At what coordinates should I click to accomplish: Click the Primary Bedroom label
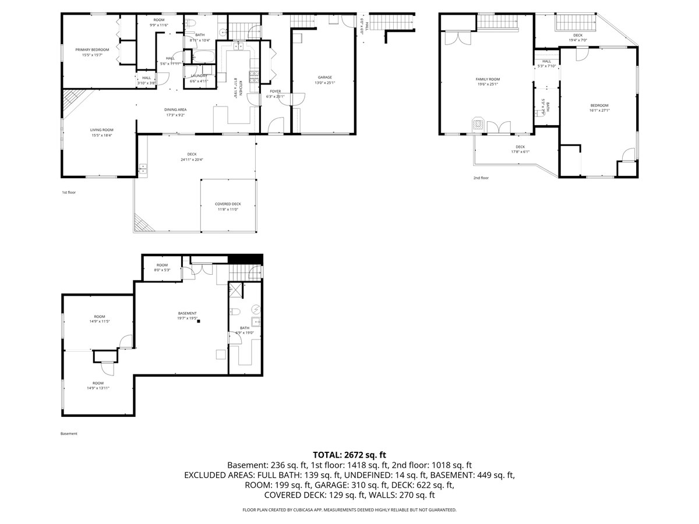pyautogui.click(x=92, y=49)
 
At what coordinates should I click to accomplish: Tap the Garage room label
pyautogui.click(x=324, y=77)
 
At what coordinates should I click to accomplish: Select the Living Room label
pyautogui.click(x=101, y=130)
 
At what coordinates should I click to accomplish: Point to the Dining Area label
pyautogui.click(x=175, y=109)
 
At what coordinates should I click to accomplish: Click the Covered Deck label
pyautogui.click(x=228, y=204)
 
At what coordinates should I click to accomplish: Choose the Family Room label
pyautogui.click(x=488, y=79)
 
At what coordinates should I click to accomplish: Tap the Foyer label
pyautogui.click(x=275, y=91)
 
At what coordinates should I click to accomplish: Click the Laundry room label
pyautogui.click(x=199, y=76)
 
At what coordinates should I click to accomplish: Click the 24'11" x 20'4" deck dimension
pyautogui.click(x=192, y=160)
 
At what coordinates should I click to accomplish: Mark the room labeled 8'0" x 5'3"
pyautogui.click(x=162, y=270)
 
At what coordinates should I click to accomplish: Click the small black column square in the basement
pyautogui.click(x=199, y=321)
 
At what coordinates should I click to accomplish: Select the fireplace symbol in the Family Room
pyautogui.click(x=478, y=123)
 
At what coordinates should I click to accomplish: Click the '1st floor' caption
pyautogui.click(x=69, y=192)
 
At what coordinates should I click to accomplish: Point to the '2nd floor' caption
pyautogui.click(x=481, y=178)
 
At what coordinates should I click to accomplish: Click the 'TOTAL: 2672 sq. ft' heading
pyautogui.click(x=349, y=455)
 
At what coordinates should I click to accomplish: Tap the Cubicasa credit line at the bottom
pyautogui.click(x=349, y=509)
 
